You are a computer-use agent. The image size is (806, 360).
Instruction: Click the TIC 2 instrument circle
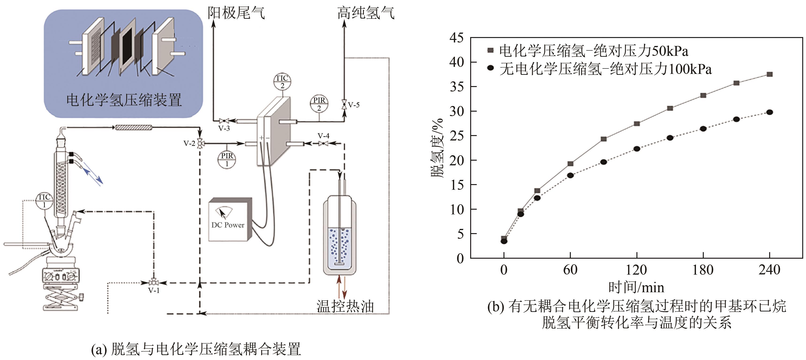tap(282, 82)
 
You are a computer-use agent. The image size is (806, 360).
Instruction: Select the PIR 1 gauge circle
tap(227, 160)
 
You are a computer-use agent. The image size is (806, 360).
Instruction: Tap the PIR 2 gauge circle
tap(319, 104)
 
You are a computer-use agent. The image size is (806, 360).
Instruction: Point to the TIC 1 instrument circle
tap(44, 201)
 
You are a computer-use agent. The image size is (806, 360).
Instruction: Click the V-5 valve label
tap(354, 105)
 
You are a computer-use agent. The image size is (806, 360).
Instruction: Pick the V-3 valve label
tap(224, 128)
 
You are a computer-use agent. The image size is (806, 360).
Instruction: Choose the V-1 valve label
tap(154, 291)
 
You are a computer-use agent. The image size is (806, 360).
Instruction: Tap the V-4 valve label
tap(324, 136)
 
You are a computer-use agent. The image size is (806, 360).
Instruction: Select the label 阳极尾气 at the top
tap(236, 13)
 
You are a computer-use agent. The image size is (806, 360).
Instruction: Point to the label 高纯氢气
tap(366, 13)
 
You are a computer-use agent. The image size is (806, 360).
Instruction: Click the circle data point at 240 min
tap(769, 112)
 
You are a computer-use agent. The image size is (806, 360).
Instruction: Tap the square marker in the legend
tap(491, 50)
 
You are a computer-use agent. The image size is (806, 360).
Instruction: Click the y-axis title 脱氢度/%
tap(437, 148)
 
